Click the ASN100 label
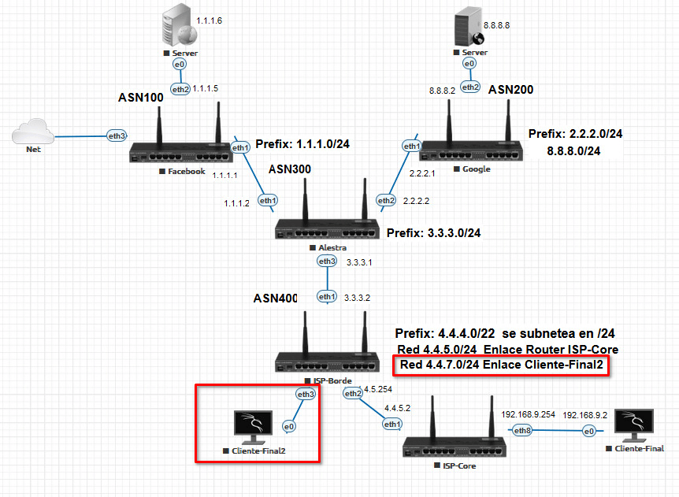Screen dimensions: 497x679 pos(141,98)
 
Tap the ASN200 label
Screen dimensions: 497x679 pos(510,90)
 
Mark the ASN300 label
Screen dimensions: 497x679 pos(290,169)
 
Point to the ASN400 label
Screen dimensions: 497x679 pos(276,299)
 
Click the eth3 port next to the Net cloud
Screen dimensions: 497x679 pos(117,136)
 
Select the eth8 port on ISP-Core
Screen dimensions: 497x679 pos(522,430)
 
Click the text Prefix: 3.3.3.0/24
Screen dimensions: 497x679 pos(433,233)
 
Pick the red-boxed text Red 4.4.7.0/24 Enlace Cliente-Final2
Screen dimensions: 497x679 pos(500,365)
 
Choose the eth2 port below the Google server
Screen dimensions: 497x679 pos(470,87)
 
